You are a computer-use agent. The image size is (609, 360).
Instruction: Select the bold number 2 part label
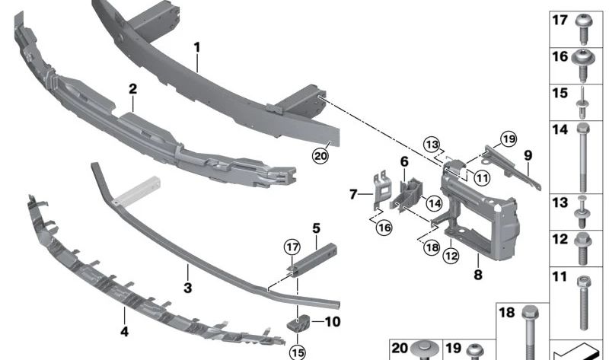pyautogui.click(x=132, y=89)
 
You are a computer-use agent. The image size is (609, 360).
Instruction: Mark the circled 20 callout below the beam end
pyautogui.click(x=320, y=156)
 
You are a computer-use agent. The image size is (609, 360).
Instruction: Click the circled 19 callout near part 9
pyautogui.click(x=508, y=139)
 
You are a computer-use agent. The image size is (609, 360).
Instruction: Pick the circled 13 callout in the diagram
pyautogui.click(x=432, y=145)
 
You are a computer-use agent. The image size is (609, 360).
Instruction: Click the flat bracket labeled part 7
pyautogui.click(x=380, y=191)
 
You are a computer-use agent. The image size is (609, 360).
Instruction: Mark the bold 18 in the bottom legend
pyautogui.click(x=506, y=313)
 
